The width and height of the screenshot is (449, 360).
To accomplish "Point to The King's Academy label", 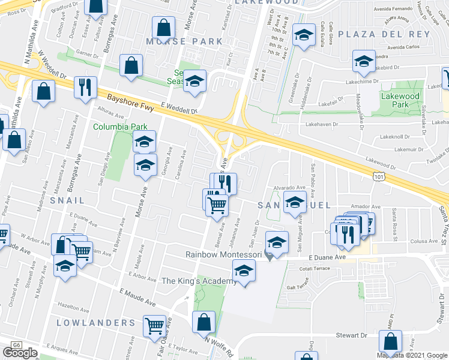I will pos(200,281).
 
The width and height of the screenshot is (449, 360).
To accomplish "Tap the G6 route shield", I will pos(15,345).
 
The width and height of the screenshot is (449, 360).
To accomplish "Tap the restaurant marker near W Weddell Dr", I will pos(85,87).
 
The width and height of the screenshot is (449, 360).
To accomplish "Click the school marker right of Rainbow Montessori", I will pos(276,242).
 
